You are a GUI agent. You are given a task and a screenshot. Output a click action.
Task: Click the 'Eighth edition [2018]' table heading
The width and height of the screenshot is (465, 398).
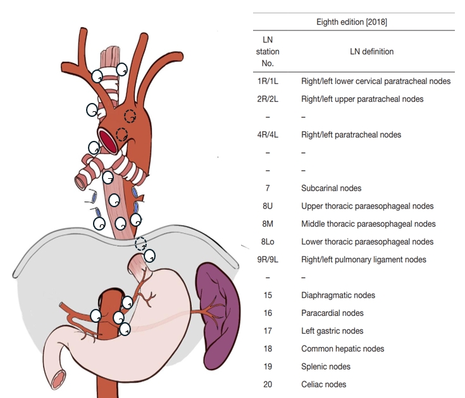click(352, 22)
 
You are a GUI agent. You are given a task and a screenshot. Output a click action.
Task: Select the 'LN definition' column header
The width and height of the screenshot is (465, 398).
click(371, 52)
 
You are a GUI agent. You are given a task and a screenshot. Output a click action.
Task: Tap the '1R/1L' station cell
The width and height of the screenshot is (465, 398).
click(268, 81)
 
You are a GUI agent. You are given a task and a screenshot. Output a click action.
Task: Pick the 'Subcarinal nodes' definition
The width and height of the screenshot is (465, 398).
click(332, 188)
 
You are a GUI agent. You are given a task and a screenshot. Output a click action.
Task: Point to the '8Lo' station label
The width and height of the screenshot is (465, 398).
click(268, 242)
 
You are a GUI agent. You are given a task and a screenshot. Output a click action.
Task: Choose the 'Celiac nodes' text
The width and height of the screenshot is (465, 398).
click(323, 384)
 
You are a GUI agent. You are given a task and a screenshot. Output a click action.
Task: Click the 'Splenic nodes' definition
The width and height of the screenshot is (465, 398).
click(326, 366)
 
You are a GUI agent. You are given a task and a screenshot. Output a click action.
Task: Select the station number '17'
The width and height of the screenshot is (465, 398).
click(268, 331)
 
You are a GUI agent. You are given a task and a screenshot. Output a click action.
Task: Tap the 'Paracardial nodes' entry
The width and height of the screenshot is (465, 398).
click(332, 313)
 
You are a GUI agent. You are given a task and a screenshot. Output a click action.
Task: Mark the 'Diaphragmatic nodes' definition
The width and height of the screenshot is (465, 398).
click(338, 295)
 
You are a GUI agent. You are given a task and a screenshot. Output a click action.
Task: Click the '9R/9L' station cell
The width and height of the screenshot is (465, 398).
click(268, 260)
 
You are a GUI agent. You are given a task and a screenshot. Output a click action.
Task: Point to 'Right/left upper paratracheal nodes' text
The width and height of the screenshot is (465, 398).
click(362, 99)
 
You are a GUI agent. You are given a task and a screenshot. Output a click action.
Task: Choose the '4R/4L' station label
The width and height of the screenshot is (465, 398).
click(268, 135)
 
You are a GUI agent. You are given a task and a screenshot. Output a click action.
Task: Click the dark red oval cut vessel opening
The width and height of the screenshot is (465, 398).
click(108, 142)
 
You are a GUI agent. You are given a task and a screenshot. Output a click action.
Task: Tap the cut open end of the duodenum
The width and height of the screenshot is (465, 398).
click(58, 380)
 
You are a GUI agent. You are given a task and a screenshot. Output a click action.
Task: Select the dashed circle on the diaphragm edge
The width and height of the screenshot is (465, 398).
click(141, 244)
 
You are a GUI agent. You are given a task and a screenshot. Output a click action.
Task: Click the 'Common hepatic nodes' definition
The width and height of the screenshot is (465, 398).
click(342, 349)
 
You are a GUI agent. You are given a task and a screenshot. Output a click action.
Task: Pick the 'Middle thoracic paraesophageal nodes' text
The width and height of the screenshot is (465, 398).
click(368, 224)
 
